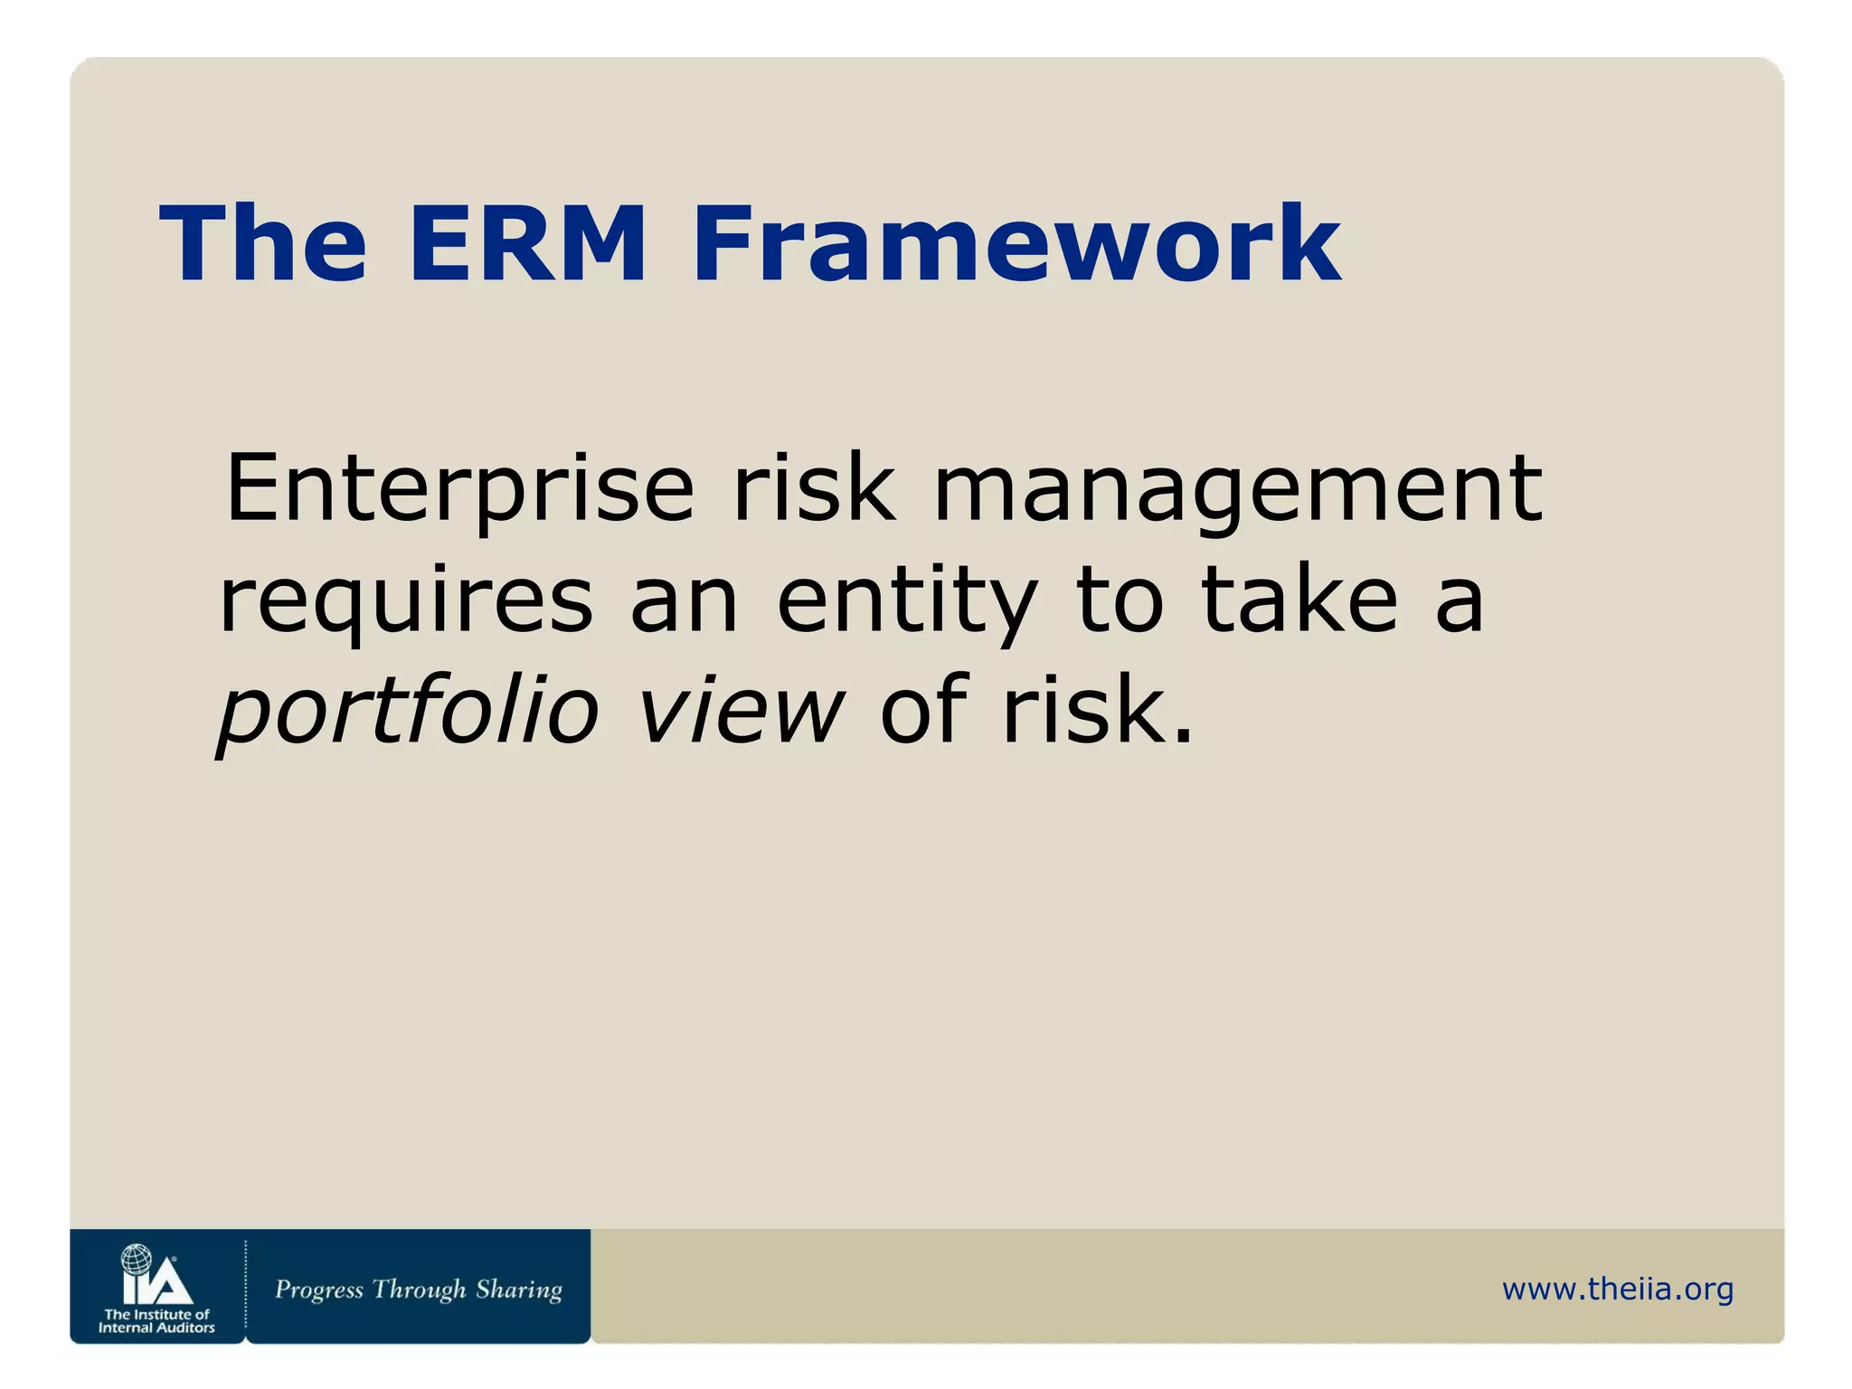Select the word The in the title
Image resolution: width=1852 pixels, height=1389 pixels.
pos(263,245)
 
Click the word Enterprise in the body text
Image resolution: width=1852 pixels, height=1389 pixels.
pos(459,489)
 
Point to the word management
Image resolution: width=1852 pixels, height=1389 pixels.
pos(1237,489)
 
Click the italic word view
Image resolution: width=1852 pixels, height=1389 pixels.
pos(740,710)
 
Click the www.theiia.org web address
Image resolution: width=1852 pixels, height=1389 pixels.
pos(1617,1289)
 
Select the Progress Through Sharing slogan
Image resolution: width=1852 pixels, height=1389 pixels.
pos(418,1290)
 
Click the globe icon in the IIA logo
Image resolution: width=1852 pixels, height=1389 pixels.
pos(137,1259)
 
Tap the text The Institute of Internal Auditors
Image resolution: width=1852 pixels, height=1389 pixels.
pos(156,1321)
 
